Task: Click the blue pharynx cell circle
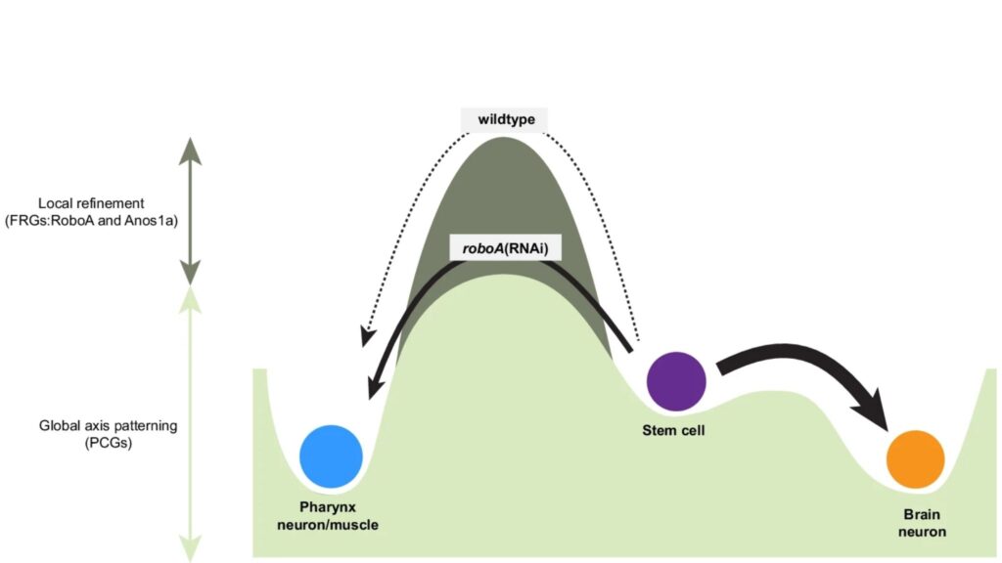click(x=331, y=455)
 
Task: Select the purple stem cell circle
click(x=676, y=380)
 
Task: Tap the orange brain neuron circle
click(x=915, y=458)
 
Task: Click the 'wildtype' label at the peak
click(x=504, y=120)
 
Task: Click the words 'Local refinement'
click(x=92, y=203)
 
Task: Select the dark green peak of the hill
click(x=504, y=176)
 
